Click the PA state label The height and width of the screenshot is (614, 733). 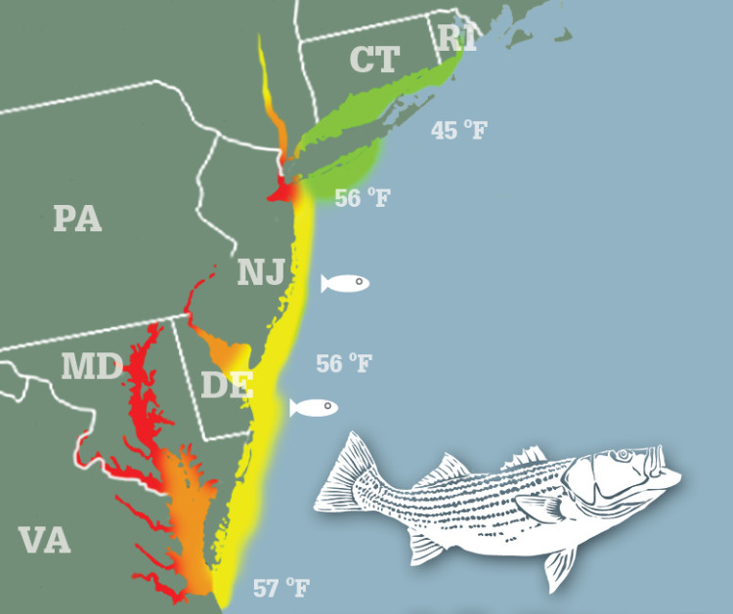(x=77, y=218)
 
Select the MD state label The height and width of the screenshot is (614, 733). (x=90, y=367)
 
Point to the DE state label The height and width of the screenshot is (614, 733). (x=227, y=384)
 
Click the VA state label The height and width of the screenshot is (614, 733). (x=44, y=539)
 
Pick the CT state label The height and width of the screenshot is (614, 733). (x=374, y=61)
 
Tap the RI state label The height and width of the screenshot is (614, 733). (x=455, y=38)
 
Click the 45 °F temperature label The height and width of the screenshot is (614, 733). (x=458, y=130)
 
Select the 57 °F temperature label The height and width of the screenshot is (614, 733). (x=280, y=589)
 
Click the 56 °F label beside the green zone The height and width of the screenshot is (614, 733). (x=362, y=198)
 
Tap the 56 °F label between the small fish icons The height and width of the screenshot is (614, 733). (x=344, y=364)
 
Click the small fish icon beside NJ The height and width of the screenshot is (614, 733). (x=345, y=283)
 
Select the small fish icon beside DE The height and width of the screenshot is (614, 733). (x=314, y=407)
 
